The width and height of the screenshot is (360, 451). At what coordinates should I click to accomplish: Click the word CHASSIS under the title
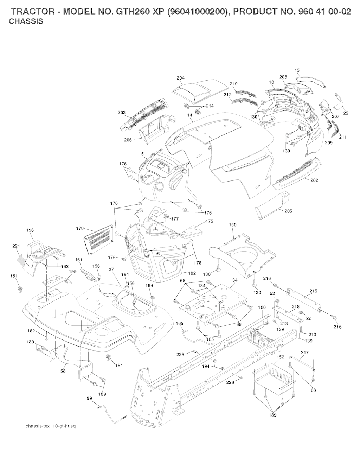click(26, 21)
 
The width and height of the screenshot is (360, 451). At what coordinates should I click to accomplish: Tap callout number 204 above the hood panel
click(180, 78)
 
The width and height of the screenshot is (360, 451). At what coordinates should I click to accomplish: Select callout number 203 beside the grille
click(122, 113)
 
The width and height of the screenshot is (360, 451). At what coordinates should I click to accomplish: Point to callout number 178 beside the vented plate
click(80, 228)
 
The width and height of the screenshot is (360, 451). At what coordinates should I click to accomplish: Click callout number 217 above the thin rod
click(305, 353)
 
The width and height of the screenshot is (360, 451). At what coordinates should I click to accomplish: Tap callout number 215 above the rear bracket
click(313, 291)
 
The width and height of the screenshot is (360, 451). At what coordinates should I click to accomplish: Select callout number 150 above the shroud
click(232, 225)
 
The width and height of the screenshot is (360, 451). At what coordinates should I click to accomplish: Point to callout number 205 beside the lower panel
click(288, 211)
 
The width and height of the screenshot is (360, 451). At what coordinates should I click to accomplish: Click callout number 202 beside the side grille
click(314, 180)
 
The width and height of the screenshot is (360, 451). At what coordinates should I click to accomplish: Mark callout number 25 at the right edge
click(346, 113)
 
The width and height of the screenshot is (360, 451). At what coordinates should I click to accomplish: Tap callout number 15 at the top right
click(297, 70)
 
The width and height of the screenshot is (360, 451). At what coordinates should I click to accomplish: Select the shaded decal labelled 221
click(21, 261)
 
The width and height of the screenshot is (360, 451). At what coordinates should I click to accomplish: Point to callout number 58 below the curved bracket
click(63, 371)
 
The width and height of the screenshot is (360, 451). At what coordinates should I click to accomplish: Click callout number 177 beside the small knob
click(175, 219)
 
